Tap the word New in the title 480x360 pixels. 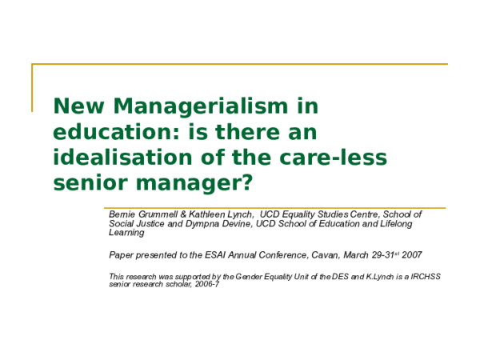pyautogui.click(x=78, y=106)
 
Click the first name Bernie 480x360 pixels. pyautogui.click(x=124, y=214)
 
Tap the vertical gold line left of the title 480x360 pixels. pyautogui.click(x=33, y=86)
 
